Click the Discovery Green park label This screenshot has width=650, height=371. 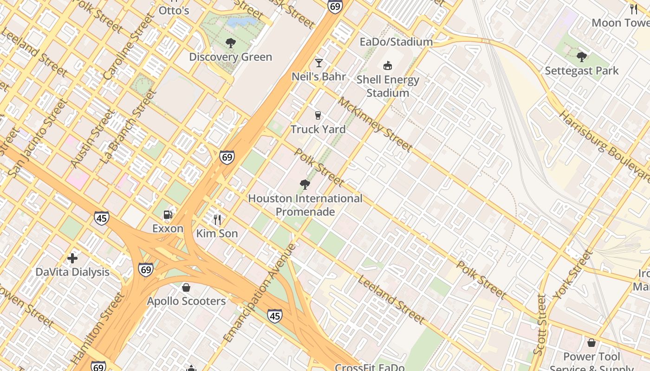pos(230,57)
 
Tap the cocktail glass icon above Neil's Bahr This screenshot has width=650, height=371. pos(319,63)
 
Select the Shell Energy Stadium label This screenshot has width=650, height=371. pos(388,86)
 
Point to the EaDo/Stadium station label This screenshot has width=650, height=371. pos(396,42)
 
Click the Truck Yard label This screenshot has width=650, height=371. pos(318,129)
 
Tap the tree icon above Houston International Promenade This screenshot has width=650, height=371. pos(305,185)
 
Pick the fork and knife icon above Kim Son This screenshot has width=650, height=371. pos(217,219)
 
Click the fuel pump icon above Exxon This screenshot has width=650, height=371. pos(168,215)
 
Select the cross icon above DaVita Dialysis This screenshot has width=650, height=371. pos(72,258)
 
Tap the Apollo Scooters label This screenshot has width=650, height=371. pos(186,301)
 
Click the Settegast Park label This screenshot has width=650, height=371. pos(581,71)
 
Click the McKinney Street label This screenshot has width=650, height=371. pos(375,124)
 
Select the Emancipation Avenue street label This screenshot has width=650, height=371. pos(260,293)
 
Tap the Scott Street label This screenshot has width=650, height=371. pos(540,325)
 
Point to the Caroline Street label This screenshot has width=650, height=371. pos(128,47)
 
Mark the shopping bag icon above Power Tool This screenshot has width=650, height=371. pos(591,343)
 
